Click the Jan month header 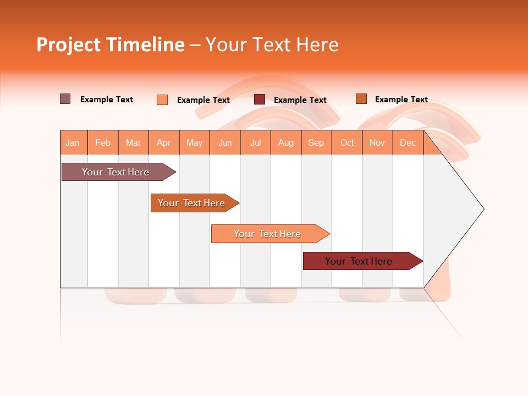point(73,142)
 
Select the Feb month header point(103,142)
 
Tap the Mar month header point(133,142)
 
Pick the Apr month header point(164,142)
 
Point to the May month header point(194,142)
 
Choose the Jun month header point(225,142)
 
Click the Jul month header point(255,142)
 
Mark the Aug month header point(286,142)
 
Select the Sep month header point(316,142)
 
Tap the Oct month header point(347,142)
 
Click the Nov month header point(377,142)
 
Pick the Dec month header point(408,142)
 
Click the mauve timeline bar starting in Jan point(116,172)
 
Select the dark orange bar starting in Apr point(191,203)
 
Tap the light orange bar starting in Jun point(267,234)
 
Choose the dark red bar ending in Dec point(359,261)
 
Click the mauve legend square point(65,99)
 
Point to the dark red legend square point(260,100)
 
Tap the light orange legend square point(162,100)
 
